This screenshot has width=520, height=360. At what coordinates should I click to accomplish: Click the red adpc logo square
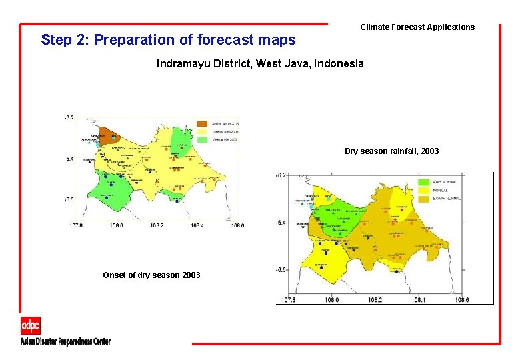coord(30,325)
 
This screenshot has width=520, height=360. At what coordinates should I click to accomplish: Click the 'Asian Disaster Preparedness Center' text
coord(65,341)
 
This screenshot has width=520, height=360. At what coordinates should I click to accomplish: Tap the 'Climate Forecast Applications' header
coord(417,27)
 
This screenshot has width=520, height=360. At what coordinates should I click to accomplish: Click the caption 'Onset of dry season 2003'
coord(151,275)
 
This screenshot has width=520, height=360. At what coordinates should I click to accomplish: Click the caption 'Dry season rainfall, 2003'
coord(391,151)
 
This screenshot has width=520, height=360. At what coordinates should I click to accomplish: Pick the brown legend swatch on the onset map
coord(202,124)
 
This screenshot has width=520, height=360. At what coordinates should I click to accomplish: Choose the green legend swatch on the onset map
coord(202,140)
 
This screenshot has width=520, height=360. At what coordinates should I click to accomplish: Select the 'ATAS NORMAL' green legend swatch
coord(424,182)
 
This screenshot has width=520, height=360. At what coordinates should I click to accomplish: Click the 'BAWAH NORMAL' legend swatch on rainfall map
coord(424,199)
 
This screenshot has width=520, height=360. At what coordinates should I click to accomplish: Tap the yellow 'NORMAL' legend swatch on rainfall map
coord(424,191)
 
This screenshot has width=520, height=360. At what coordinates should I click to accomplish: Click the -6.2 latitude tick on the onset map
coord(69,118)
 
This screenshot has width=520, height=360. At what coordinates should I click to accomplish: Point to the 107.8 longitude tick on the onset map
coord(77,225)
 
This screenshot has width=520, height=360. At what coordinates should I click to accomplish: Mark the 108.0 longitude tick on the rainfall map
coord(331,300)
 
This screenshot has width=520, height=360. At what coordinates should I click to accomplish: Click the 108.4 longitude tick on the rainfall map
coord(418,300)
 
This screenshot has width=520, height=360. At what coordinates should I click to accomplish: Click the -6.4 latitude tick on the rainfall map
coord(281,222)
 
